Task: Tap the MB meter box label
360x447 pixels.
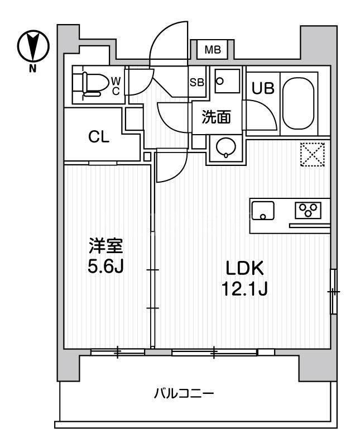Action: pos(212,50)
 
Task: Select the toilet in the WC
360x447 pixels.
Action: pos(93,83)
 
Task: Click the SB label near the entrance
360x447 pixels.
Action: pos(196,82)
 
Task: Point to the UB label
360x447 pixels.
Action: pos(262,88)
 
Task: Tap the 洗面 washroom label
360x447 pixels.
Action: pos(216,117)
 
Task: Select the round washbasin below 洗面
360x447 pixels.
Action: pos(227,148)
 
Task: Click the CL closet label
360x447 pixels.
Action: pos(99,137)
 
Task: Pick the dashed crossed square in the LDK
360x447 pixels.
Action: pos(313,154)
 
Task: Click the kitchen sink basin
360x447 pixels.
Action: pos(263,211)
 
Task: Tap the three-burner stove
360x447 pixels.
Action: pos(308,210)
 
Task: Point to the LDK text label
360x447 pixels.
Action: pos(244,269)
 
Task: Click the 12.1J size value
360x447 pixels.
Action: pos(244,290)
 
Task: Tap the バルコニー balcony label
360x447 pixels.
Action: pos(184,393)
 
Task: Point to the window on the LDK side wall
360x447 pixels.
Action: pos(333,291)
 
